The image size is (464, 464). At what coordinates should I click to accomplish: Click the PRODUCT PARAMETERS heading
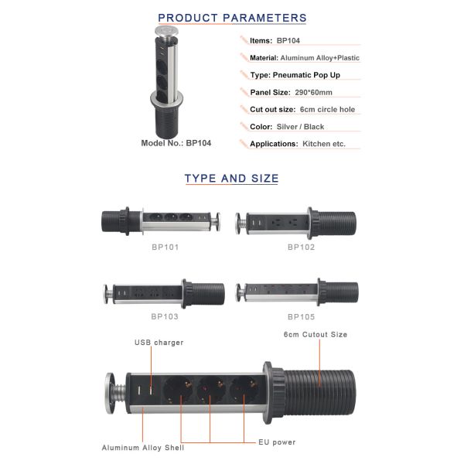tap(232, 18)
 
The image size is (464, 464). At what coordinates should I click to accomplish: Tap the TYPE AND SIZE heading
tap(231, 179)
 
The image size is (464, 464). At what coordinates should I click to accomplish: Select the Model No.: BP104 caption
tap(176, 143)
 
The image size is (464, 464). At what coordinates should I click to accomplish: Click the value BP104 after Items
tap(288, 40)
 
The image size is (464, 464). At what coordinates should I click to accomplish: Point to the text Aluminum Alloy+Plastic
tap(320, 58)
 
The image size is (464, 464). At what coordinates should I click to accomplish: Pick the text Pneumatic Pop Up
tap(306, 75)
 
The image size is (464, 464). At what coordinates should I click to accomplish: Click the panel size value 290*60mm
tap(313, 92)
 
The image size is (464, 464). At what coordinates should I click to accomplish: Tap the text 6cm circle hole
tap(327, 110)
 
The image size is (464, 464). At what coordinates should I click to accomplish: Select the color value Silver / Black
tap(300, 127)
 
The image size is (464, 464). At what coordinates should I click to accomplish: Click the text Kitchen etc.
tap(324, 144)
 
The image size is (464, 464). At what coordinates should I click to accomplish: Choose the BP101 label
tap(165, 247)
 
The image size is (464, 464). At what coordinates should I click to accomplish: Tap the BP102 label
tap(302, 247)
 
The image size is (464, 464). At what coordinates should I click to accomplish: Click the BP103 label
tap(165, 316)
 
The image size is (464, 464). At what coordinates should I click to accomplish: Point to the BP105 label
tap(302, 317)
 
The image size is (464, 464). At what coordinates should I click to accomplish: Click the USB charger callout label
tap(159, 343)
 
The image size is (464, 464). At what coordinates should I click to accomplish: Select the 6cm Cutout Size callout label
tap(316, 335)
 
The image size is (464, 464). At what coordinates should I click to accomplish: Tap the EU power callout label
tap(277, 442)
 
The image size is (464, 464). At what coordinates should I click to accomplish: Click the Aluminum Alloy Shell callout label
tap(143, 448)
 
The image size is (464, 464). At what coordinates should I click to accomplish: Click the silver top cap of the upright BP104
tap(166, 31)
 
